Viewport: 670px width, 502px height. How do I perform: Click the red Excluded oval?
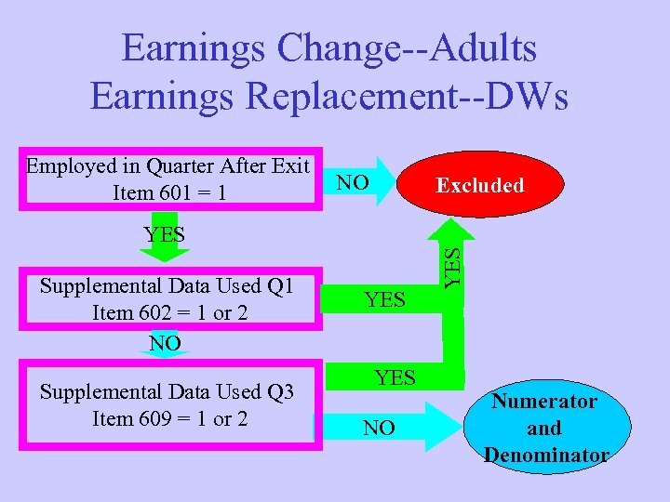tap(481, 185)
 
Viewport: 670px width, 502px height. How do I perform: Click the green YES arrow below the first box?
tap(166, 237)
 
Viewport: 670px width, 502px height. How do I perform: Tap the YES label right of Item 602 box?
tap(384, 299)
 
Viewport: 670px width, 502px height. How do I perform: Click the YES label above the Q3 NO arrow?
tap(395, 377)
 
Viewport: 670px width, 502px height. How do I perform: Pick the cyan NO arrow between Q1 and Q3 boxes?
tap(166, 345)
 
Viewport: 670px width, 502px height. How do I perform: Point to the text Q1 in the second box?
tap(276, 285)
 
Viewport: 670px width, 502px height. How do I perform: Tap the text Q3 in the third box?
tap(276, 392)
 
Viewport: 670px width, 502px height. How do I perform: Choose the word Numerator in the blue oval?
tap(544, 402)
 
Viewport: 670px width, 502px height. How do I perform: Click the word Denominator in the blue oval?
tap(545, 455)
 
